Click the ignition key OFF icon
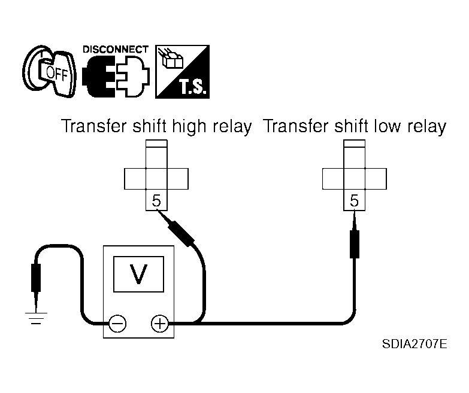point(49,72)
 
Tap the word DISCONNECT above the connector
point(116,50)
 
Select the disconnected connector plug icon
point(116,77)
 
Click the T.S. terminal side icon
point(182,72)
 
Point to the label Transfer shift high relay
point(156,126)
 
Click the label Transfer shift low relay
point(355,126)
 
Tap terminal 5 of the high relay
point(156,200)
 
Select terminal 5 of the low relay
point(354,200)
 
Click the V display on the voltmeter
point(138,274)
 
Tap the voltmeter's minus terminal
point(117,324)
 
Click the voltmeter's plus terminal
point(160,324)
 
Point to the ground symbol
point(36,318)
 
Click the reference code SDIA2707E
point(414,344)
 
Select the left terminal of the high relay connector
point(135,179)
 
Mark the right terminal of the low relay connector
point(376,179)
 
